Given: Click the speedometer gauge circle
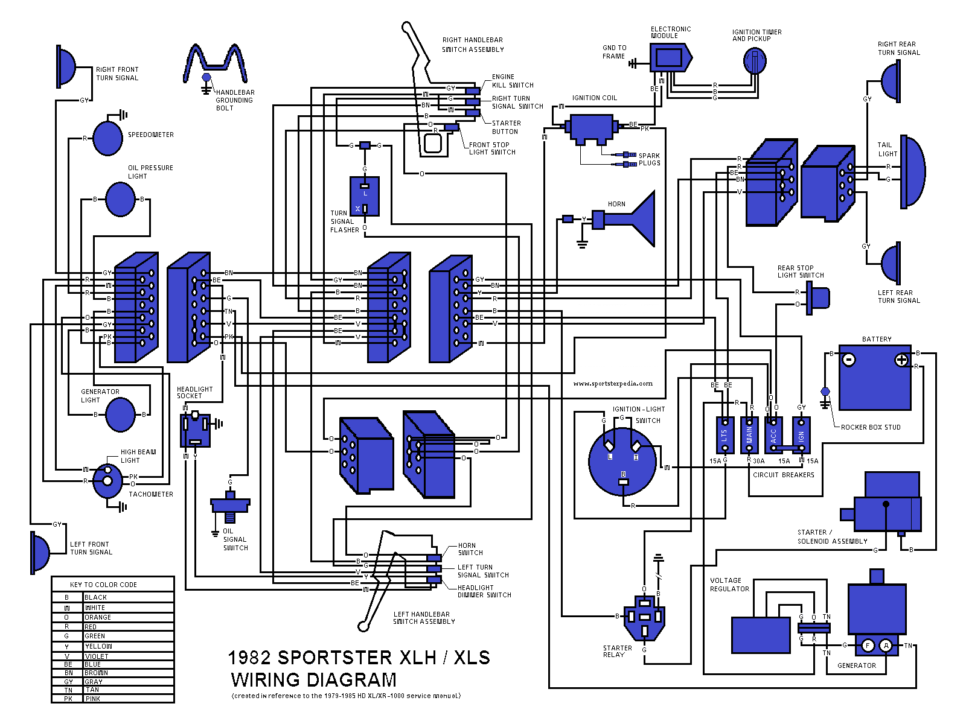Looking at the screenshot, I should point(108,138).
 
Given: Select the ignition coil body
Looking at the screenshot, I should point(591,128).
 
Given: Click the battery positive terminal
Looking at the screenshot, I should point(901,360).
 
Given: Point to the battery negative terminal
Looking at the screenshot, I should point(848,360).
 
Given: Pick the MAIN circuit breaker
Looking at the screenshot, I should point(749,435).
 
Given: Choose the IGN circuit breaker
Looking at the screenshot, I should point(801,435).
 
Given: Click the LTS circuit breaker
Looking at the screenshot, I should point(724,435).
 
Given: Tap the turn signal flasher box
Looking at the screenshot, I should point(365,196).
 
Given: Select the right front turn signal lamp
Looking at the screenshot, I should point(66,66).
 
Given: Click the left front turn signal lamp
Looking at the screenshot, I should point(40,552).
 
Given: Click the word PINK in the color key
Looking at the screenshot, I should point(93,699).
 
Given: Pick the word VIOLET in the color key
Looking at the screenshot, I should point(97,656).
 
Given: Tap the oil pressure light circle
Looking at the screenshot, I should point(120,199).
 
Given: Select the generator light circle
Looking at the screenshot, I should point(120,415).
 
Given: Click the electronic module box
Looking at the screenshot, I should point(669,58).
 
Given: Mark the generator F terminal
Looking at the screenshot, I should point(868,646).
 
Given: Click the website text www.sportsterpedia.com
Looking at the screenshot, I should point(613,383).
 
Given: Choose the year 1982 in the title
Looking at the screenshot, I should point(251,658).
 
